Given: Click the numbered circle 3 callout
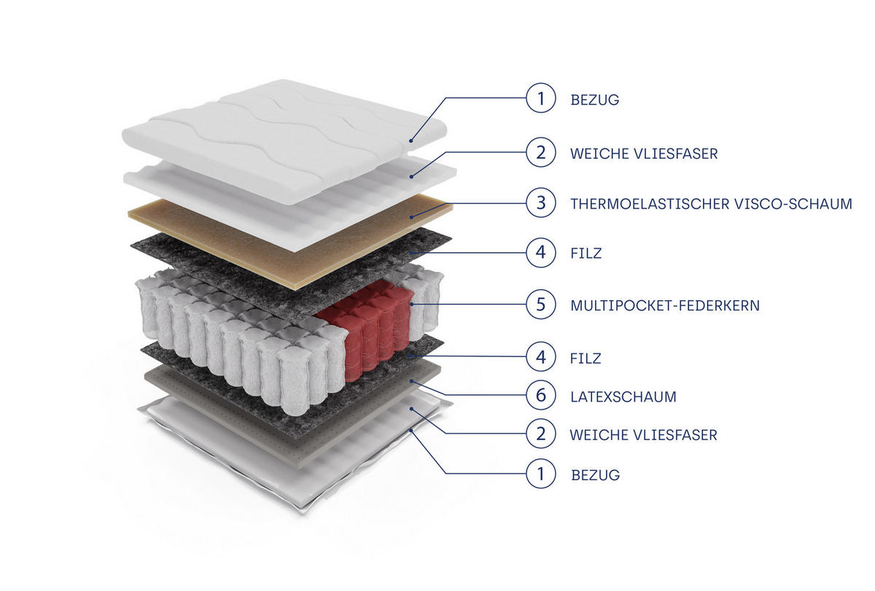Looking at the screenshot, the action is [540, 203].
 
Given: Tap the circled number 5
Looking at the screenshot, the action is [540, 304].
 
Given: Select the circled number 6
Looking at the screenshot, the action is [540, 395].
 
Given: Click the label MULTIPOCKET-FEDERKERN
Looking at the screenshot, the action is [665, 305].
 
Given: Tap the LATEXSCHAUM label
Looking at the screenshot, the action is [623, 396].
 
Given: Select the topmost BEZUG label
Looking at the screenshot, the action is [594, 100].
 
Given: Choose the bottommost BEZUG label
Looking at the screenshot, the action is [595, 475].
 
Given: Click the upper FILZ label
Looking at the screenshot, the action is [586, 253].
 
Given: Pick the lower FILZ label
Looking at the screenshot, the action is [585, 358].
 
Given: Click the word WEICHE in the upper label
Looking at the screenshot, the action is [599, 154].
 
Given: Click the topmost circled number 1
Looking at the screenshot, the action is [540, 98].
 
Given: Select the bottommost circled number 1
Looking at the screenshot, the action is [540, 474].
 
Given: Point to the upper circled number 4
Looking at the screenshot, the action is [540, 253].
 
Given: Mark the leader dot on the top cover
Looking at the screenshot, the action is [411, 141].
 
